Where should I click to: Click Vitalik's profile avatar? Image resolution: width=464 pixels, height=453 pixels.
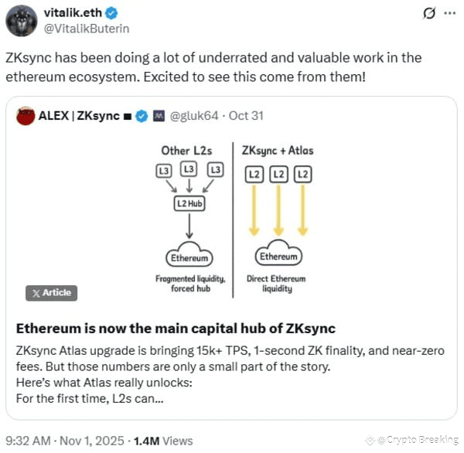(x=22, y=21)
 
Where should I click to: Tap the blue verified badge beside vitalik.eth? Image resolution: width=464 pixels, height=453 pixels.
(x=112, y=13)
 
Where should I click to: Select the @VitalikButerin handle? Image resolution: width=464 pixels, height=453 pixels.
(x=87, y=29)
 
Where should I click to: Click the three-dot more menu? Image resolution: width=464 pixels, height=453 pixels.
(x=450, y=13)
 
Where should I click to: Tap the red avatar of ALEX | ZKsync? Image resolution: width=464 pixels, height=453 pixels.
(x=26, y=116)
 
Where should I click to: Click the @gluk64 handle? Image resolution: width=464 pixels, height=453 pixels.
(x=194, y=116)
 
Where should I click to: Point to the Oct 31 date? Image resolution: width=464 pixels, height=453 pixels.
(x=246, y=116)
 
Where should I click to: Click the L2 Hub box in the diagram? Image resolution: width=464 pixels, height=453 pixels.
(x=189, y=203)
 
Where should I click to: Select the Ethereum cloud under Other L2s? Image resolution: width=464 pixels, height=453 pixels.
(x=189, y=254)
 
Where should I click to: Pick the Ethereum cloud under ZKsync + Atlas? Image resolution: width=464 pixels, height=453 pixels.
(x=278, y=254)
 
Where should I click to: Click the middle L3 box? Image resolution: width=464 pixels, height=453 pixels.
(x=189, y=169)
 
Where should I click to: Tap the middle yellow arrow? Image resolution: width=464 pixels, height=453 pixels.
(x=278, y=210)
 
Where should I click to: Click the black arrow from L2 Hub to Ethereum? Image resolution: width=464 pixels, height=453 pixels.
(x=189, y=226)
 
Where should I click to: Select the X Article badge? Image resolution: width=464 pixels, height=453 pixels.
(x=52, y=293)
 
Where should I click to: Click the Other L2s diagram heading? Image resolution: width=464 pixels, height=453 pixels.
(x=186, y=151)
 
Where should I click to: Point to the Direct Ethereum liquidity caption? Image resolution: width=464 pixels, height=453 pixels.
(x=276, y=284)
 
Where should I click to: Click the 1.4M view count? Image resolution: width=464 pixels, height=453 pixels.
(x=146, y=441)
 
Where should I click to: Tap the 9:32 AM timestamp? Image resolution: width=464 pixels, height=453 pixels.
(x=28, y=441)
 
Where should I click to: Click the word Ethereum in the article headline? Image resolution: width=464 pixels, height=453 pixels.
(x=49, y=329)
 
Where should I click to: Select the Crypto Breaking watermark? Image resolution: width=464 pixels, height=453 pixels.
(x=413, y=440)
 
